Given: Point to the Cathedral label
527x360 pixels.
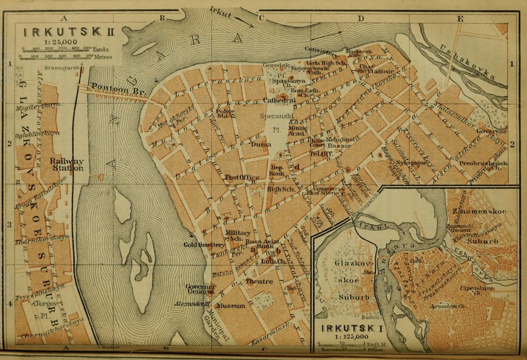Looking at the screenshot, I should tap(279, 101).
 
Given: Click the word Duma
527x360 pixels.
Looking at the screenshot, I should tap(263, 143).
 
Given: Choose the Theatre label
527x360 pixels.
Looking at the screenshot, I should tap(259, 282).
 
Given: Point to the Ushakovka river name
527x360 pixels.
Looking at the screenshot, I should tap(463, 62).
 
